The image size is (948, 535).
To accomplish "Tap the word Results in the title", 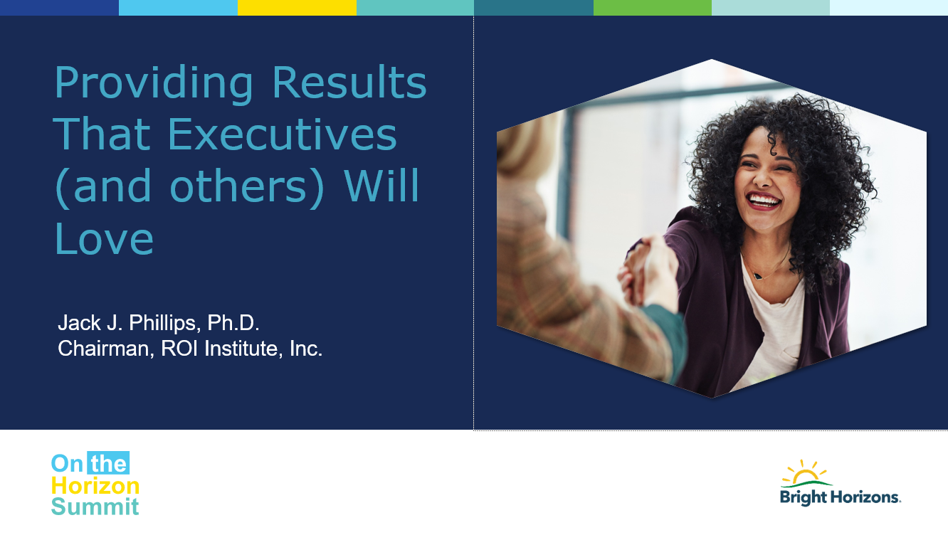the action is [x=349, y=82].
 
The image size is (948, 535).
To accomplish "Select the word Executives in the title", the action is [x=283, y=134].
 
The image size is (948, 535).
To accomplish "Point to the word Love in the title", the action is [x=104, y=238].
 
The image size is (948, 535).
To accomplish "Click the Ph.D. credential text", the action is [x=233, y=323].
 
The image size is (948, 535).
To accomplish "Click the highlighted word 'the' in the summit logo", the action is [x=108, y=463].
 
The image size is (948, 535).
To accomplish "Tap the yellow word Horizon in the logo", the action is [x=95, y=486].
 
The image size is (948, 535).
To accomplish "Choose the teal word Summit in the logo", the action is [x=95, y=507].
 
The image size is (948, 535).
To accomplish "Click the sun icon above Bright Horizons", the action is [x=806, y=472].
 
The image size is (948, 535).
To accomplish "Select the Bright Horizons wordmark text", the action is [x=840, y=497].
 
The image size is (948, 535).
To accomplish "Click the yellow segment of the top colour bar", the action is [x=297, y=8].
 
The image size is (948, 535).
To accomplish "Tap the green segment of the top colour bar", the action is [x=652, y=8].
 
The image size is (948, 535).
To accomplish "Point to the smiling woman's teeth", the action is [x=764, y=200].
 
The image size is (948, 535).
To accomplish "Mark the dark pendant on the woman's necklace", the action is [x=758, y=276].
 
